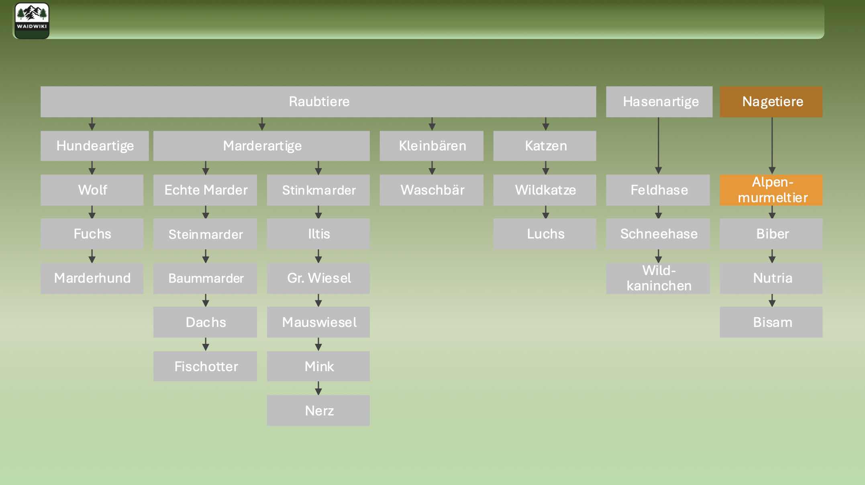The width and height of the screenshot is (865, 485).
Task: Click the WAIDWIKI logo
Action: (32, 21)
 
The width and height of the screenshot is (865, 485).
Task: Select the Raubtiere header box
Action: (318, 102)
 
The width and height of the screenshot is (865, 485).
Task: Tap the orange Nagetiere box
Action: (771, 102)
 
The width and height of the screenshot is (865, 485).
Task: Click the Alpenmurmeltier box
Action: (771, 190)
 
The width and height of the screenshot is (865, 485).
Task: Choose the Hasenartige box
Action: (659, 102)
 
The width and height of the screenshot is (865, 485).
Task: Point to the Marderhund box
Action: (92, 278)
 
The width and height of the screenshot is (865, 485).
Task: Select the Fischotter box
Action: (205, 366)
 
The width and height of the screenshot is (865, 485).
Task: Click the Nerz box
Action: (318, 411)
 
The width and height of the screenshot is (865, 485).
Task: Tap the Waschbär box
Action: (432, 190)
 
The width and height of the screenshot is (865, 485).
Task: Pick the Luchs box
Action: (545, 234)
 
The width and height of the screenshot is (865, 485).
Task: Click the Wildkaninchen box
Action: (658, 278)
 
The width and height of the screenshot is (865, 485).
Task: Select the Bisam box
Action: (771, 322)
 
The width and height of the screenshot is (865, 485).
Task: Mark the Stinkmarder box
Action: (318, 190)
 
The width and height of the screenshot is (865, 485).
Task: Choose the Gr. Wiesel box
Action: (318, 278)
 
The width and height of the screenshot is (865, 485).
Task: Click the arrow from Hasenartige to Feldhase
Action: (659, 146)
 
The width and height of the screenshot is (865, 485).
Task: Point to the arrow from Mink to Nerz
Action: (318, 388)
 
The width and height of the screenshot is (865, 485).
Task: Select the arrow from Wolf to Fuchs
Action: (92, 212)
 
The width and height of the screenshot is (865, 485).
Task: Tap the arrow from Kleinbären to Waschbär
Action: (432, 168)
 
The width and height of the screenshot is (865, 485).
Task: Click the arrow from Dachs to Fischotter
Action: (206, 344)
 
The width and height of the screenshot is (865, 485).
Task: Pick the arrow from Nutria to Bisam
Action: (772, 300)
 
